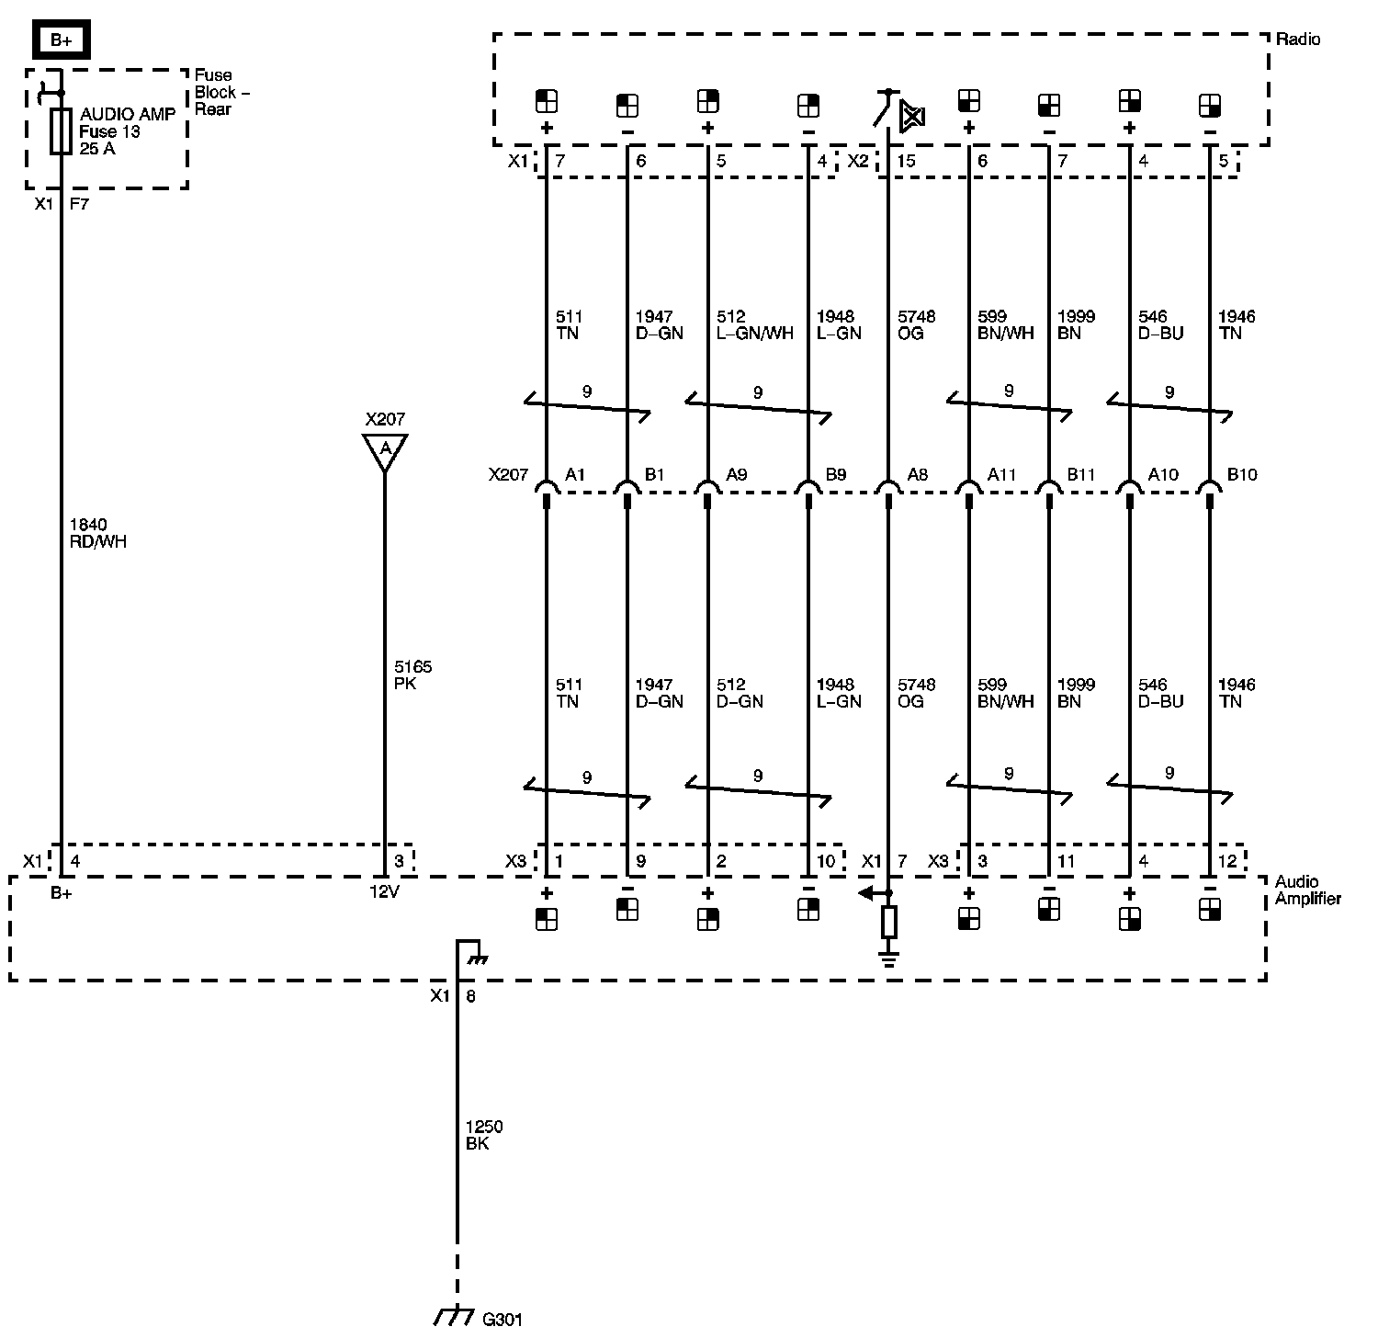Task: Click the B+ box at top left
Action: coord(61,40)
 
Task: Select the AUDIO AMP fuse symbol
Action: coord(61,131)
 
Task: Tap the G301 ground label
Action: coord(503,1320)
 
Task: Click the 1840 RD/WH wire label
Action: coord(98,533)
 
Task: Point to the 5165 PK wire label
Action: coord(412,675)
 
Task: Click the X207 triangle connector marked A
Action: coord(385,449)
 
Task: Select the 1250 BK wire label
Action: coord(484,1135)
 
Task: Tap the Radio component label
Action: coord(1298,40)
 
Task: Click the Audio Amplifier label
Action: coord(1307,890)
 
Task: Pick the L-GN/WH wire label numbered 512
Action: coord(754,324)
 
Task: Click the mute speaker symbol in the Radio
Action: coord(912,116)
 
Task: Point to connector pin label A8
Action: coord(917,474)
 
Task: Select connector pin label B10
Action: coord(1242,474)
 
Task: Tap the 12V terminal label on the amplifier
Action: coord(384,891)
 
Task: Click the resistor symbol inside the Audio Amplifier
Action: coord(888,921)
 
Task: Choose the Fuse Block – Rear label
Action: coord(221,92)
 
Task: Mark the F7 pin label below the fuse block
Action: coord(79,204)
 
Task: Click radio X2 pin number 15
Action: coord(906,161)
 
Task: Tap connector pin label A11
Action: coord(1001,474)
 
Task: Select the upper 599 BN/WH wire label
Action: coord(1006,324)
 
